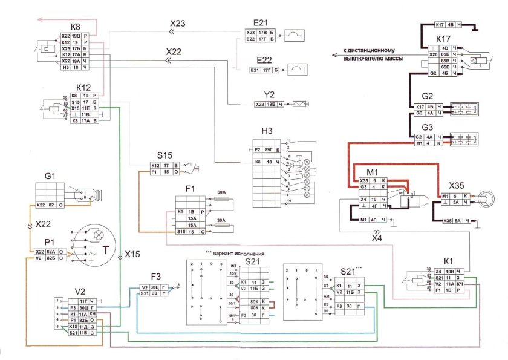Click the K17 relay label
tap(443, 40)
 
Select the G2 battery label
tap(428, 97)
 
